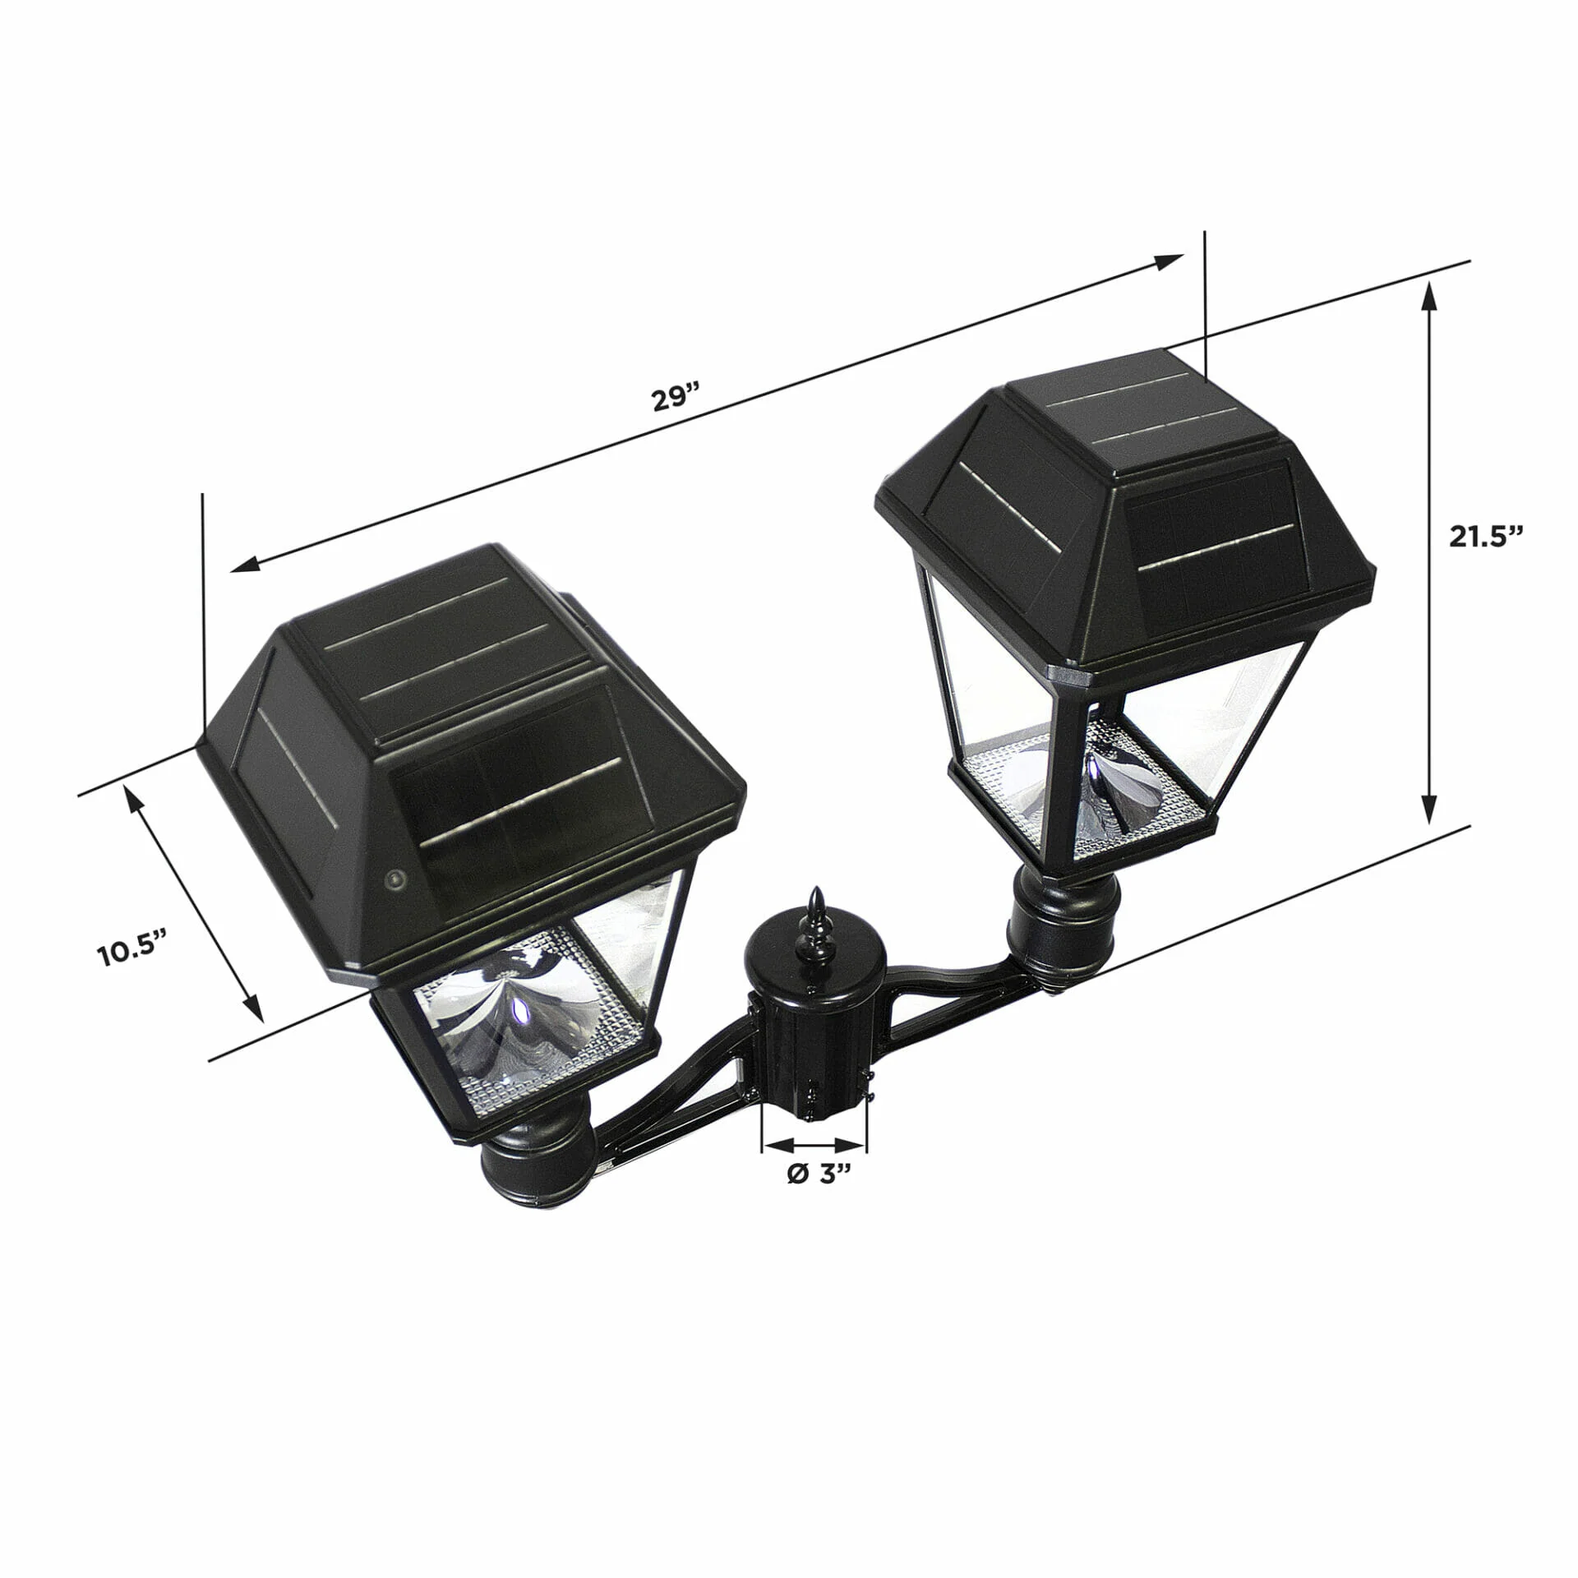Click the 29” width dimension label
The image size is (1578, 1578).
pyautogui.click(x=675, y=399)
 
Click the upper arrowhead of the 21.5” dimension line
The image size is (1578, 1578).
pyautogui.click(x=1430, y=296)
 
